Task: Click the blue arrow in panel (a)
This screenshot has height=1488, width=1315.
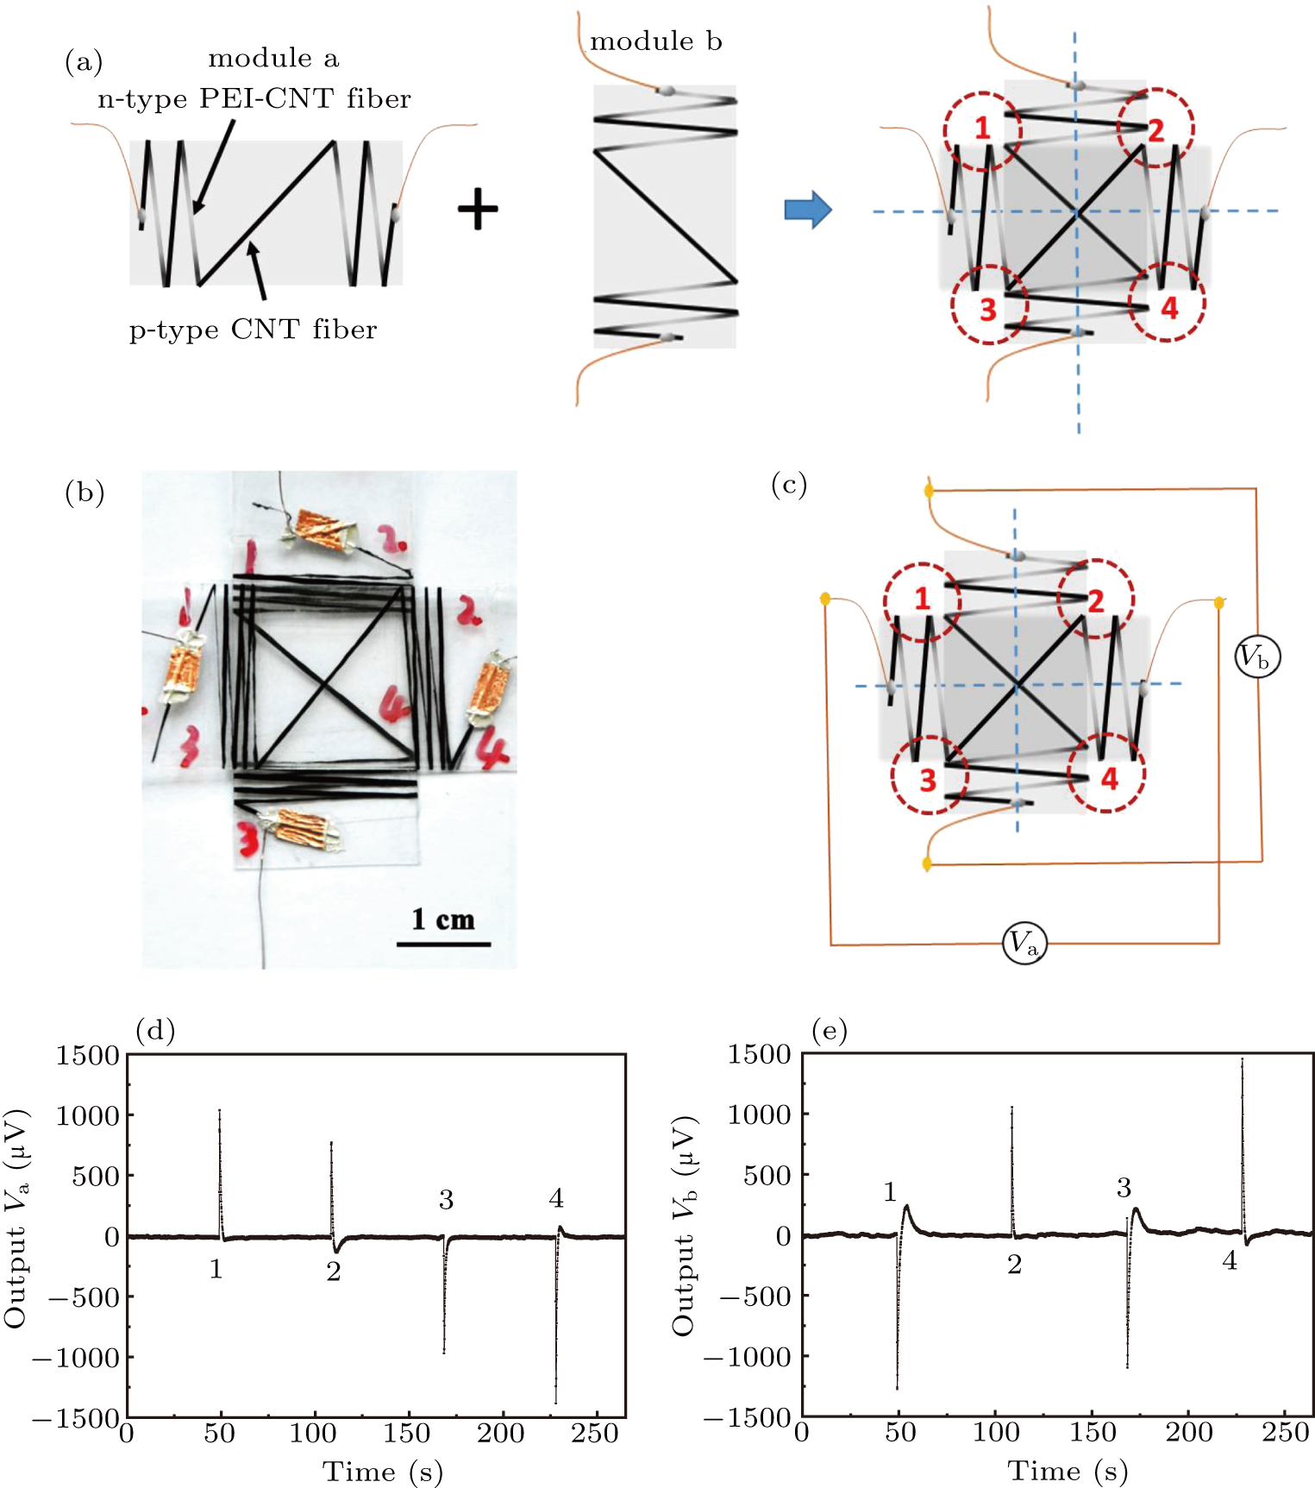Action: coord(807,210)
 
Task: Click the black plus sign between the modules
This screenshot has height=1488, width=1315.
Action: coord(478,210)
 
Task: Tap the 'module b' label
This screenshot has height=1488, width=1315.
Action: coord(655,41)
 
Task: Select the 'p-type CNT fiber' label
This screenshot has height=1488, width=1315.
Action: coord(253,330)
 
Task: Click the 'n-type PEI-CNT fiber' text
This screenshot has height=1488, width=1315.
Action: coord(254,99)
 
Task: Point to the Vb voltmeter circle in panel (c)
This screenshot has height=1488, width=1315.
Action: coord(1257,658)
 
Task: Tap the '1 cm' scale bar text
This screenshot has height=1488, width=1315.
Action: coord(443,920)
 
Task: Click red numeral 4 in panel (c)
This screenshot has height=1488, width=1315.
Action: coord(1109,779)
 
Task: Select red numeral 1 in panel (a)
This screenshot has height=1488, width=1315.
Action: coord(982,129)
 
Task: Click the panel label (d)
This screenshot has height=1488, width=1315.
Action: coord(155,1030)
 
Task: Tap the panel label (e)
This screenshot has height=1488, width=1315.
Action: coord(830,1030)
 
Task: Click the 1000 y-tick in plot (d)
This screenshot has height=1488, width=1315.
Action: coord(88,1115)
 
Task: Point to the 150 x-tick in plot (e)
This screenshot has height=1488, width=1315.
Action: coord(1092,1433)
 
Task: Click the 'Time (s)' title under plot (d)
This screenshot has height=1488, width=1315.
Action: coord(382,1471)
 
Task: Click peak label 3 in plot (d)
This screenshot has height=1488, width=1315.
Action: coord(446,1200)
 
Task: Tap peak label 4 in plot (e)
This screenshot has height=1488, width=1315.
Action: coord(1230,1260)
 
